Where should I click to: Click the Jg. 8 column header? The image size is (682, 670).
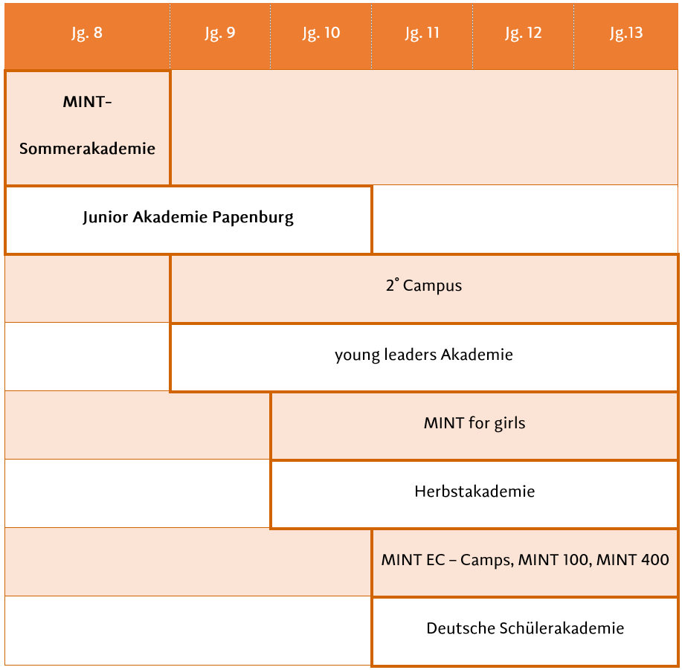(x=87, y=33)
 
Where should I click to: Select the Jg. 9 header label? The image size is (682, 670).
(x=219, y=33)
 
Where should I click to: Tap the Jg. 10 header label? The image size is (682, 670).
(x=321, y=33)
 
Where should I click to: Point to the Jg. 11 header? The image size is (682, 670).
(x=422, y=33)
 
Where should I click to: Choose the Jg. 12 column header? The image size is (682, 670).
(x=524, y=33)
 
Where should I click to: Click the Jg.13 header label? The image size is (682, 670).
(x=626, y=33)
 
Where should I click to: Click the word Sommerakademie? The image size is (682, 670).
(x=87, y=149)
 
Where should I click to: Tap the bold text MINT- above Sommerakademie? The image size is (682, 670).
(x=87, y=102)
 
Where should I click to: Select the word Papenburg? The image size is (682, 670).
(x=253, y=217)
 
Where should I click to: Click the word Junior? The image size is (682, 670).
(x=106, y=217)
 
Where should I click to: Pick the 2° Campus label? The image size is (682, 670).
(x=424, y=286)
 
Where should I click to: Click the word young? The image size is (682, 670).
(x=357, y=355)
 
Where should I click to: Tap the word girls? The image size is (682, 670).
(x=509, y=423)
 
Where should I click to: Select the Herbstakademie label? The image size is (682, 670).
(x=474, y=492)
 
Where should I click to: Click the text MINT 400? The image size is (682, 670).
(x=632, y=559)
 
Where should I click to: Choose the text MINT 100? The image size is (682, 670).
(x=556, y=560)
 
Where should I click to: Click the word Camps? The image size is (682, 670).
(x=487, y=561)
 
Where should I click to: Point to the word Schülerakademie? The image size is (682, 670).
(x=562, y=628)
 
